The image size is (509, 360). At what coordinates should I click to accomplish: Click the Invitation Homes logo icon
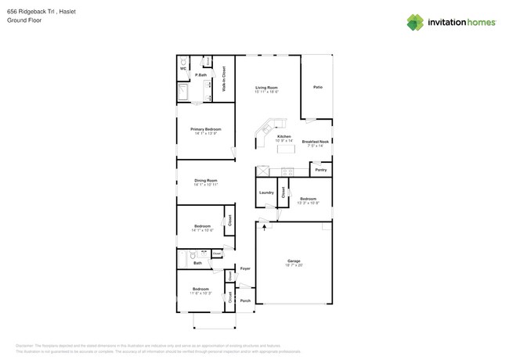(414, 22)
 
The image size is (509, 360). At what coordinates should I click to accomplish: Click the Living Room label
(266, 88)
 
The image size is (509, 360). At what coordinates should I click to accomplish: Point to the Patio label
(317, 87)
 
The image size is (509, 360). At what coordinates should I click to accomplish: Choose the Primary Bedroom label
(206, 129)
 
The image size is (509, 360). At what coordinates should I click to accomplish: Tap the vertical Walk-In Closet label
(224, 79)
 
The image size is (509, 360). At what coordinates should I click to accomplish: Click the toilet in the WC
(184, 62)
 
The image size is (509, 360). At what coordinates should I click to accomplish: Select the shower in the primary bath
(183, 93)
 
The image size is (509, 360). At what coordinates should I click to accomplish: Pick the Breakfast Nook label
(316, 142)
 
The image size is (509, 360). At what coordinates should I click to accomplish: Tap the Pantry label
(320, 170)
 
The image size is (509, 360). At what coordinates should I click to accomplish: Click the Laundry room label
(266, 192)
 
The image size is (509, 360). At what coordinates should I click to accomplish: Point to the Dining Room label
(206, 181)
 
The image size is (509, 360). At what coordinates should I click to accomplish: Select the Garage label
(294, 261)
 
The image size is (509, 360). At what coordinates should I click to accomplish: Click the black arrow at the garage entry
(264, 227)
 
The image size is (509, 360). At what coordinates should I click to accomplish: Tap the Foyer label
(245, 268)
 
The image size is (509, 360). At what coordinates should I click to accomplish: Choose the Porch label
(245, 301)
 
